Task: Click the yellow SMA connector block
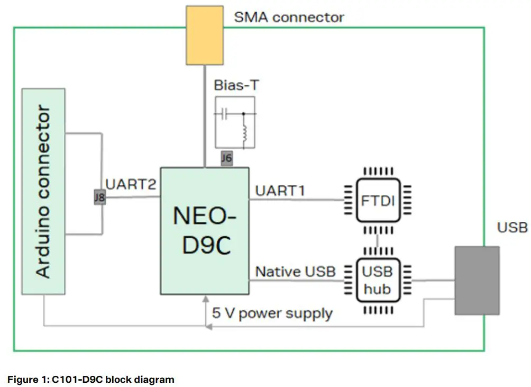(x=204, y=35)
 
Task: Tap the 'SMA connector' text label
(x=289, y=17)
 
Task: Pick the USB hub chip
(x=377, y=280)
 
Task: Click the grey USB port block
(x=477, y=281)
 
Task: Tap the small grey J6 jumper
(x=226, y=158)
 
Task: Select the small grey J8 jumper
(x=98, y=198)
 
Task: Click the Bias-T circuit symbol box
(x=235, y=122)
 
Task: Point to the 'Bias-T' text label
(x=236, y=85)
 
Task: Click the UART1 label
(x=280, y=190)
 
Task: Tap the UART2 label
(x=131, y=184)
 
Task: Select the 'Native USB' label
(x=295, y=272)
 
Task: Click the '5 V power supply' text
(x=272, y=313)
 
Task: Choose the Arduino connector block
(x=43, y=191)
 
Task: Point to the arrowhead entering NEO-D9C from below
(x=205, y=300)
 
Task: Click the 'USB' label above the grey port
(x=512, y=227)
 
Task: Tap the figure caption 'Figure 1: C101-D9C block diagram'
(x=90, y=379)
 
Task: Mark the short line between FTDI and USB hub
(x=377, y=239)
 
